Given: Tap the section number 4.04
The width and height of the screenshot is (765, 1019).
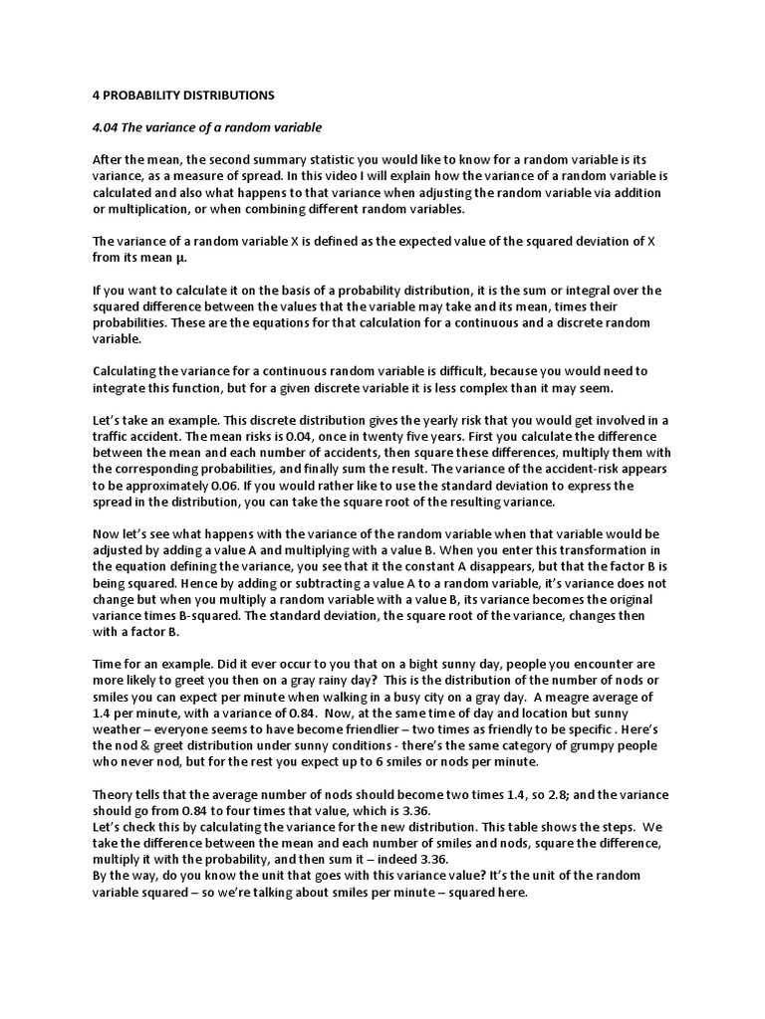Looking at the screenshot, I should point(107,127).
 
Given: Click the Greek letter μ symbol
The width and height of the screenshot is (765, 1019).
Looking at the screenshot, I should point(180,257).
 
